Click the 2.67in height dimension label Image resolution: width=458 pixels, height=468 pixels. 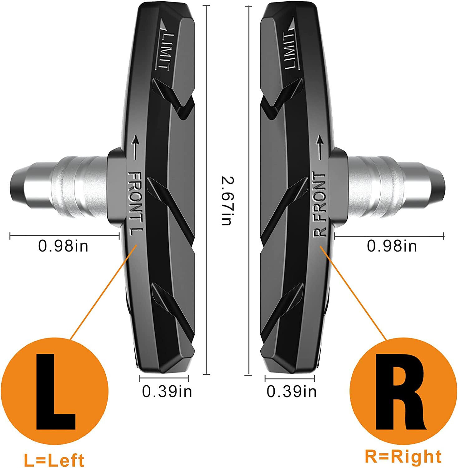coord(226,200)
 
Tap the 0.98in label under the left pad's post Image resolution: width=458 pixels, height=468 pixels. coord(63,246)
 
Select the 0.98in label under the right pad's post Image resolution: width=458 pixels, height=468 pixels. coord(392,246)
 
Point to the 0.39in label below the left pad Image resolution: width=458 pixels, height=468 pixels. coord(167,391)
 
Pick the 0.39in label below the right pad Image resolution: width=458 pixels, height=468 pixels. coord(292,391)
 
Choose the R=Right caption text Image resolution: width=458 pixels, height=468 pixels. coord(403,456)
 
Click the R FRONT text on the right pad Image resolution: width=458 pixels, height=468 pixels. coord(320,204)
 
